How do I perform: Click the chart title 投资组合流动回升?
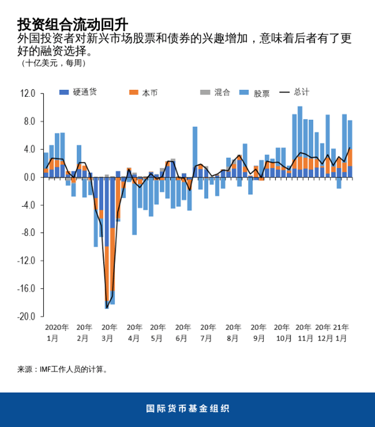(72, 24)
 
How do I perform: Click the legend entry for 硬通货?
(79, 92)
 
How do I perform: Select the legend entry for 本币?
(143, 92)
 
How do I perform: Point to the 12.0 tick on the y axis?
(27, 94)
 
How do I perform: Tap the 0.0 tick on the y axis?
(29, 177)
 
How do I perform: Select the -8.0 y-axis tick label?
(27, 233)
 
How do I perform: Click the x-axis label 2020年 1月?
(56, 332)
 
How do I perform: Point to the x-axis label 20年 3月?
(109, 332)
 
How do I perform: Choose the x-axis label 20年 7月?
(208, 332)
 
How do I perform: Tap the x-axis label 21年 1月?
(341, 332)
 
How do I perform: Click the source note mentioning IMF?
(63, 369)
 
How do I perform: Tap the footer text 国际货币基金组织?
(187, 409)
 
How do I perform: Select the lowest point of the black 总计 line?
(107, 308)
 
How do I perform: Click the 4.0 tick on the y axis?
(29, 149)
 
